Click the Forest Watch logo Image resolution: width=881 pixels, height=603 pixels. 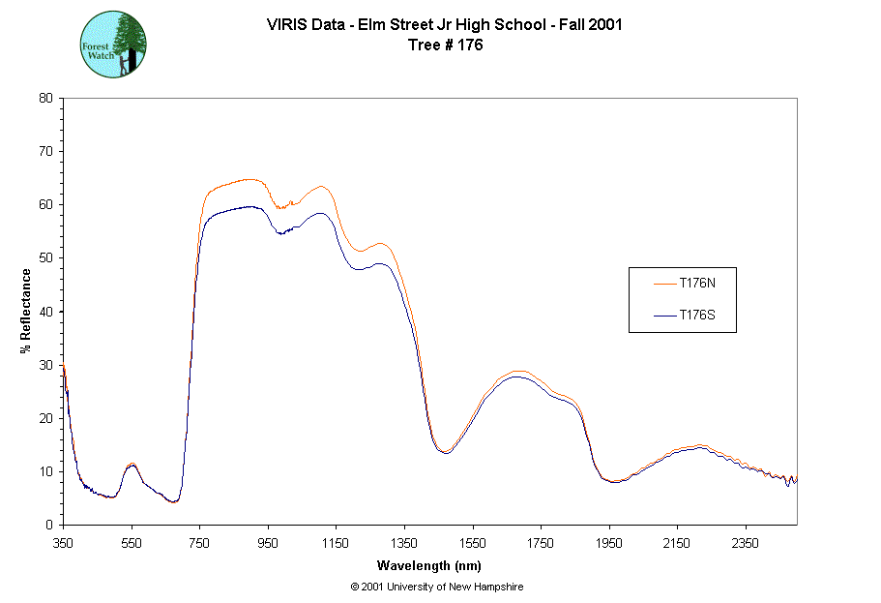(113, 45)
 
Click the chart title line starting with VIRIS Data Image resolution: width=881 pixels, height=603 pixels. (444, 25)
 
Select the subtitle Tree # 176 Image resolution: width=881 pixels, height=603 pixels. (444, 45)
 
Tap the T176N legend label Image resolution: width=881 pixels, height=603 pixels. (697, 284)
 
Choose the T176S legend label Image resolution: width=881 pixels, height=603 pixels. (697, 316)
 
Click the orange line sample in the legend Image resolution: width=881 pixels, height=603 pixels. (662, 284)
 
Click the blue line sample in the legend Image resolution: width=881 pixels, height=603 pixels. (662, 316)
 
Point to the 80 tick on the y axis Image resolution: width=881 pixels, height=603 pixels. (45, 98)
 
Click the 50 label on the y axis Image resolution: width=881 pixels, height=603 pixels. (45, 258)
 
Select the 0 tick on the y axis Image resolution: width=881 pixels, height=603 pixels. (49, 526)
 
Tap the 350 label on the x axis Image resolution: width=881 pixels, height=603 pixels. (63, 543)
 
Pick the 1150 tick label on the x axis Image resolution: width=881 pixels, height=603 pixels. (336, 543)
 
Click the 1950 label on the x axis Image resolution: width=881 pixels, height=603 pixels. (609, 543)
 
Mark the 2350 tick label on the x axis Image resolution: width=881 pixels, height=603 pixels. (746, 543)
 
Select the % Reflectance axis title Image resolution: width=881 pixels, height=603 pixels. (26, 312)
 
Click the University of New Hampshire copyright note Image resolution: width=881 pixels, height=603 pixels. (437, 587)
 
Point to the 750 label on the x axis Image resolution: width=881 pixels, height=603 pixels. (199, 543)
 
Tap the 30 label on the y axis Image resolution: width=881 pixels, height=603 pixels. (45, 365)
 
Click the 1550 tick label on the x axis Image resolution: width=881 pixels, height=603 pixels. (473, 543)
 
